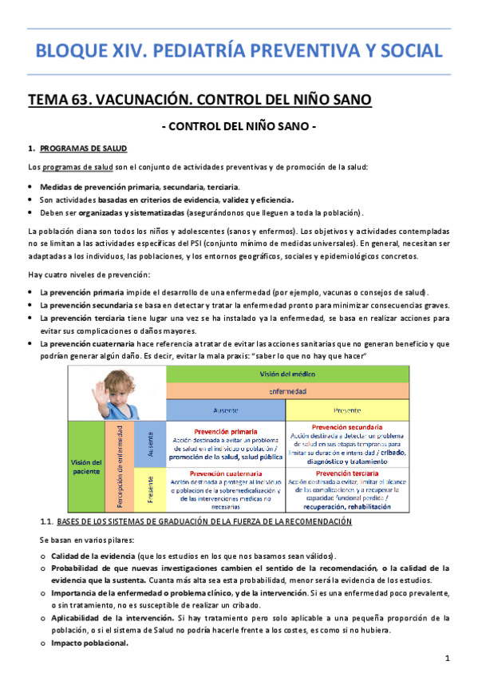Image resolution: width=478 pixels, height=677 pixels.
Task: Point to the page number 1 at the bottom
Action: tap(449, 658)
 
